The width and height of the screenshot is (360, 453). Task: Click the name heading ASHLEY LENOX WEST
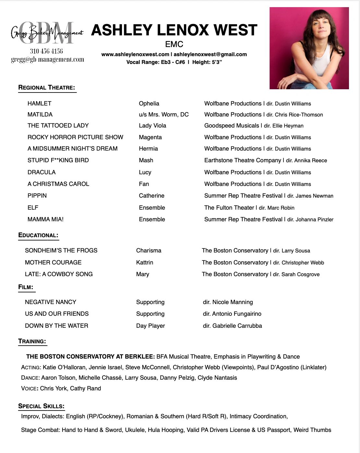(174, 30)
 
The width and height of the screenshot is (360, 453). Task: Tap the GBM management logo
(47, 33)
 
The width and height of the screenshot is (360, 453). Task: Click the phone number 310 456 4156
(46, 51)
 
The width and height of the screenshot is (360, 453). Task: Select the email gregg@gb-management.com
(47, 60)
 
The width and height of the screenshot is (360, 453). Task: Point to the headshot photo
(309, 48)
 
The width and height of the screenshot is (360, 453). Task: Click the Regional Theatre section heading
(47, 88)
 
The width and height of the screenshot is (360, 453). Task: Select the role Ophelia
(149, 104)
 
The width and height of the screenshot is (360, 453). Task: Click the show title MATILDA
(40, 115)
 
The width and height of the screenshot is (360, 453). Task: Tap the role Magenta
(150, 137)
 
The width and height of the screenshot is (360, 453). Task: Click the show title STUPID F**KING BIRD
(58, 160)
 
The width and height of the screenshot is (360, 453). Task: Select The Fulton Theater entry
(229, 208)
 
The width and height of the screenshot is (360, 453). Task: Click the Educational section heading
(38, 235)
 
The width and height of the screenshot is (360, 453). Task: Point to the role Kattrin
(145, 263)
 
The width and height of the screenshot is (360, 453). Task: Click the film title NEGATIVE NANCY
(51, 302)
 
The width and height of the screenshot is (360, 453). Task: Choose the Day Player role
(150, 326)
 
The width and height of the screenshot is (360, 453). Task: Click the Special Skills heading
(41, 406)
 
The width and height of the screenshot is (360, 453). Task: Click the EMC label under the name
(174, 44)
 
